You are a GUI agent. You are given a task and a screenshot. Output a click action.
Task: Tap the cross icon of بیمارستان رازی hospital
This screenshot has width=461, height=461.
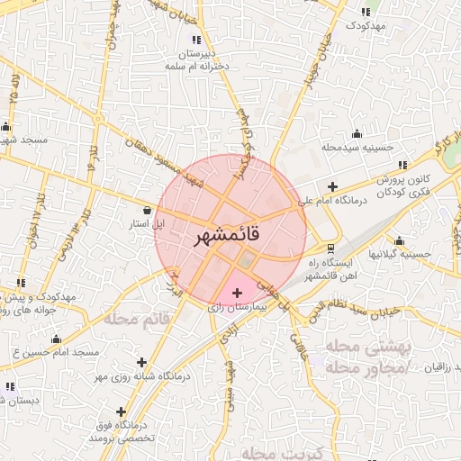coord(238,293)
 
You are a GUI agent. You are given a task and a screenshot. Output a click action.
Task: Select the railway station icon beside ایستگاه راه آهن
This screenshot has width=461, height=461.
coord(330,248)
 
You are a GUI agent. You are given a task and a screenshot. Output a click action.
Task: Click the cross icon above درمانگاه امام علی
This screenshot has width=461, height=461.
coord(332,185)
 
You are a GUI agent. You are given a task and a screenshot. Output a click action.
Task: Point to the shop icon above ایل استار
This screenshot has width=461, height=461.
coord(147,208)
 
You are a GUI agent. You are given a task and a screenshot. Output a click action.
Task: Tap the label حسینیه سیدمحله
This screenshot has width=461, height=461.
coord(357,147)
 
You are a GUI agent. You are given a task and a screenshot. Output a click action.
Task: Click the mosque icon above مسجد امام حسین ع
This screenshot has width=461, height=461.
coord(56,339)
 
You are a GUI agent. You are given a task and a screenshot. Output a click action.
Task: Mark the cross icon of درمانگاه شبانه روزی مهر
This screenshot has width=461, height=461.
coord(141,362)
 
